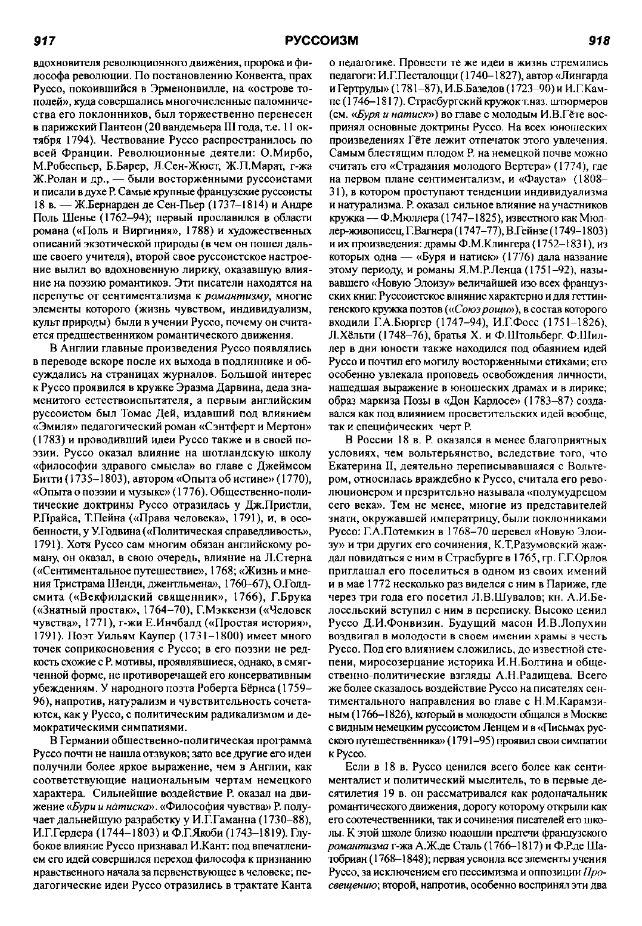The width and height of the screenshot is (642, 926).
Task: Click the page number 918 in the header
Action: (x=598, y=41)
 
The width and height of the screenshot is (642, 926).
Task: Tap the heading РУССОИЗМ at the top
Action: (x=321, y=41)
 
